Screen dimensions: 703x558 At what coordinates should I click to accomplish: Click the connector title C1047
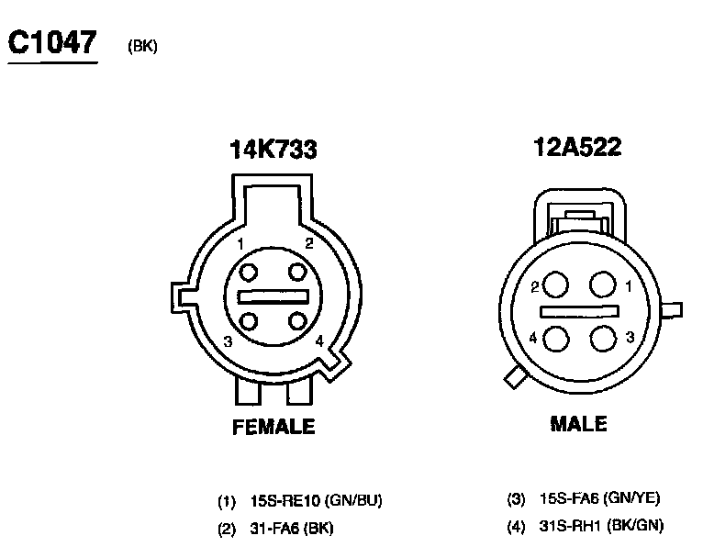pos(52,42)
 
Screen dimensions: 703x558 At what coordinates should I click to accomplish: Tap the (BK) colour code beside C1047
pos(142,46)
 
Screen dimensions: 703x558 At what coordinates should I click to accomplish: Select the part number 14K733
pos(273,150)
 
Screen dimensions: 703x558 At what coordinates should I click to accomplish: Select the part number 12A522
pos(577,147)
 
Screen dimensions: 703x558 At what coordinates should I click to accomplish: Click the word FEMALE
pos(273,426)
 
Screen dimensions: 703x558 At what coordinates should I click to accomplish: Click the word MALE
pos(578,424)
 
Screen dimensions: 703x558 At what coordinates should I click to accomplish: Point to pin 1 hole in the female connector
pos(249,272)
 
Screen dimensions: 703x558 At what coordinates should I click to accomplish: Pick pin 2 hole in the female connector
pos(297,272)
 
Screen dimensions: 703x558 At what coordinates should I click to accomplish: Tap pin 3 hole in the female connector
pos(249,321)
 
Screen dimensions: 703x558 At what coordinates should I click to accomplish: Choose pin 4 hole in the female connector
pos(297,321)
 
